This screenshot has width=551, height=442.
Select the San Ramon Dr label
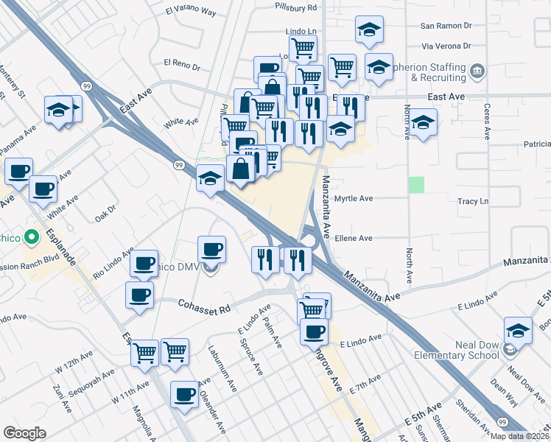(x=446, y=25)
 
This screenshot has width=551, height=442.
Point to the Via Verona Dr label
(x=445, y=46)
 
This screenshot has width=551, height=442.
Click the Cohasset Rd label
(x=203, y=304)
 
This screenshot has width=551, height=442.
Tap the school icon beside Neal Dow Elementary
(x=518, y=331)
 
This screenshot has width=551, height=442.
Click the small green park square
(x=417, y=185)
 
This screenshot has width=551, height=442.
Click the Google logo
(x=24, y=433)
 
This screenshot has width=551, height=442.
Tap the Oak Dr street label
(x=105, y=214)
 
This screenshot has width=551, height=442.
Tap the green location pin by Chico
(x=31, y=238)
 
